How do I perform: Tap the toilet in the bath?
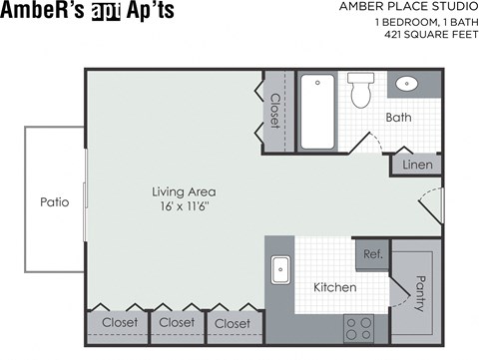(361, 91)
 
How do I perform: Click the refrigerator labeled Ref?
(371, 254)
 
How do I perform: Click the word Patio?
(54, 201)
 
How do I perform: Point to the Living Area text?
(184, 191)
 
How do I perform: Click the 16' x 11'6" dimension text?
(184, 206)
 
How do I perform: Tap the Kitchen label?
(334, 287)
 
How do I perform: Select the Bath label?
(399, 118)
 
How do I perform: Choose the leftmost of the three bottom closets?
(119, 323)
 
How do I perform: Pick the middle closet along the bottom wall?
(177, 323)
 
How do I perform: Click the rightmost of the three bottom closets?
(233, 323)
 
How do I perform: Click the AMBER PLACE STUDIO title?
(410, 8)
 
